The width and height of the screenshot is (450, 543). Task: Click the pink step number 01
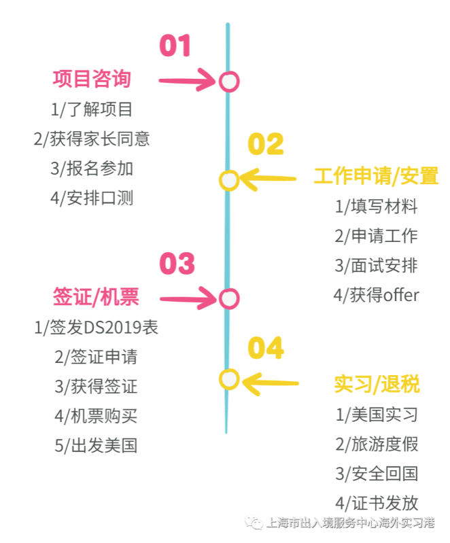[175, 46]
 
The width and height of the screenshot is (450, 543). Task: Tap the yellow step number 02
[265, 144]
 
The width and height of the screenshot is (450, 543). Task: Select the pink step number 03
[177, 264]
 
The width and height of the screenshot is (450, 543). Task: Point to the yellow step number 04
[265, 348]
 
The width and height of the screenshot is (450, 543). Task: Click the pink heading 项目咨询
[91, 80]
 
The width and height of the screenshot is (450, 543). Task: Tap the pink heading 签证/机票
[96, 297]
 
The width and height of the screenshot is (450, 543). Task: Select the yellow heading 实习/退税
[377, 384]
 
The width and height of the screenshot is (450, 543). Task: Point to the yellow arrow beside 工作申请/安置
[270, 179]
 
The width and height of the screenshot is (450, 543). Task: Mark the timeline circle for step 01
[230, 82]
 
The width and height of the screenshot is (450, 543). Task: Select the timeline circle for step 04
[229, 379]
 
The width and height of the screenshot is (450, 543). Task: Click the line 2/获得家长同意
[91, 139]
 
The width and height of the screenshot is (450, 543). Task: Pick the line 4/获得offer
[376, 295]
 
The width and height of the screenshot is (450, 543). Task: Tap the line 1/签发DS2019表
[96, 328]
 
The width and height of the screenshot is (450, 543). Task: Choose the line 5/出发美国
[96, 446]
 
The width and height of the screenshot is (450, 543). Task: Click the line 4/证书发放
[376, 504]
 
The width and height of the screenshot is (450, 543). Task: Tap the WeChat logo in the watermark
[256, 522]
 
